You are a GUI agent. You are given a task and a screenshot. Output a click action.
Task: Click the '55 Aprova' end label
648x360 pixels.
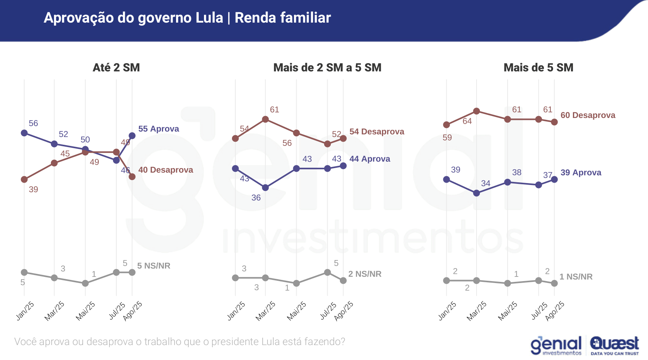[158, 129]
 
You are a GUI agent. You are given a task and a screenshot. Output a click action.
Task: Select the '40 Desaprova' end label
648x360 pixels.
[165, 170]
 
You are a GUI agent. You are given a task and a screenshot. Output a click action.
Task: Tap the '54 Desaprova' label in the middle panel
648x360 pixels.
[377, 132]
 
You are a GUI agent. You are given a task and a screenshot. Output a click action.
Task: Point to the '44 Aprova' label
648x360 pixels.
[369, 159]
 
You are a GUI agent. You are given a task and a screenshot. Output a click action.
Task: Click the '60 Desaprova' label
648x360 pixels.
[588, 115]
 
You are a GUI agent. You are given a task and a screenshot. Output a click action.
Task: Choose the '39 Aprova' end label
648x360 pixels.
[581, 173]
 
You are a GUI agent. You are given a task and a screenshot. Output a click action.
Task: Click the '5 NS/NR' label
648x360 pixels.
[153, 266]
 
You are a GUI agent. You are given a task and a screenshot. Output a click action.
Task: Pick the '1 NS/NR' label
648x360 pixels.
[576, 277]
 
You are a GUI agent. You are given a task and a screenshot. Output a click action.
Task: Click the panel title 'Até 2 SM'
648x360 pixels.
[116, 68]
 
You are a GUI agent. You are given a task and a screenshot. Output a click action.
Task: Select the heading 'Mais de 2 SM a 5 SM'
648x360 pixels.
[327, 68]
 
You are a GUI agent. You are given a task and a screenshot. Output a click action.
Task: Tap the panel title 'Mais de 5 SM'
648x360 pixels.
[538, 68]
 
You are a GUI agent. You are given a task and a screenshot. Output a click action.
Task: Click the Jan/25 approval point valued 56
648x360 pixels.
[24, 133]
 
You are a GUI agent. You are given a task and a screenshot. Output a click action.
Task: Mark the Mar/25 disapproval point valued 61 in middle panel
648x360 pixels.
[265, 119]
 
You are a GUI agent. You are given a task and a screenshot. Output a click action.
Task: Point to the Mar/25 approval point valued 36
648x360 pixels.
[265, 188]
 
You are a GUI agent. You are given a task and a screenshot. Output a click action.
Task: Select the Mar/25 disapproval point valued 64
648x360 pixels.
[477, 111]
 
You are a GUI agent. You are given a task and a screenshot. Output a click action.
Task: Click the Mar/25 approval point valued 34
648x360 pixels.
[477, 193]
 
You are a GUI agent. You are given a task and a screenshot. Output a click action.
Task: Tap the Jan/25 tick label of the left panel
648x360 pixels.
[25, 311]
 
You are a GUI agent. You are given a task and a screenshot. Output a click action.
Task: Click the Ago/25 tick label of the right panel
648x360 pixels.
[555, 311]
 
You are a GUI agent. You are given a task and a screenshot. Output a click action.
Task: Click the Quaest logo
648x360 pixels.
[614, 345]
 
